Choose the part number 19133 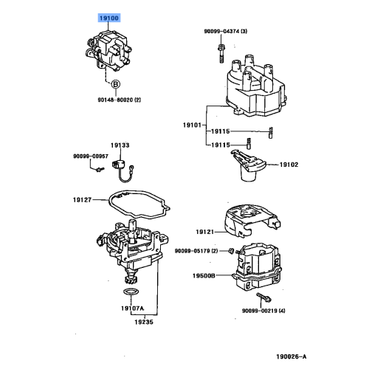[x=120, y=146]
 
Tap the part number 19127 [x=83, y=198]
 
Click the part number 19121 [x=204, y=231]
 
